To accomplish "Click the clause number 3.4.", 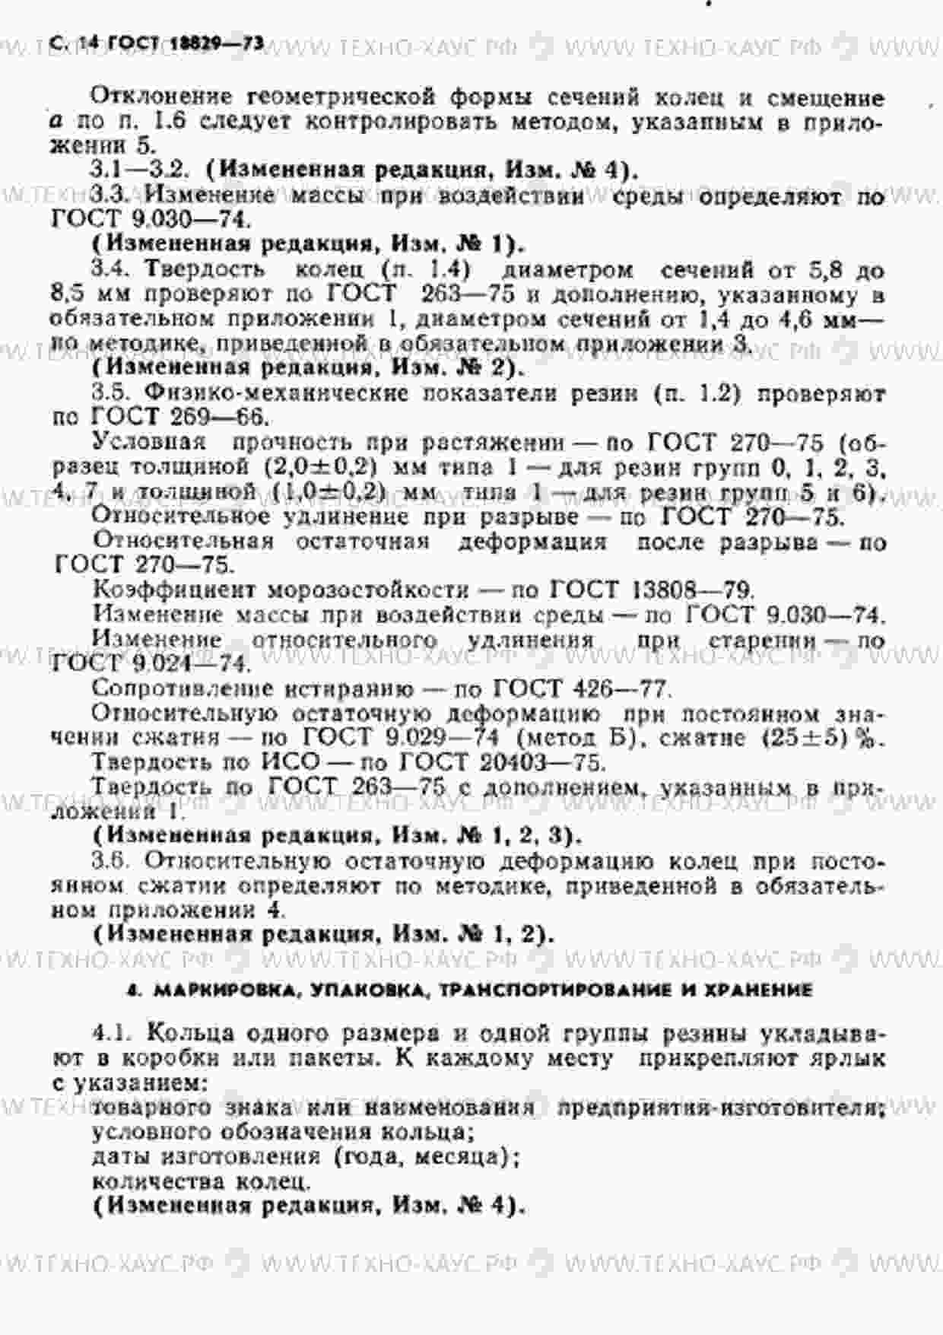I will pos(110,269).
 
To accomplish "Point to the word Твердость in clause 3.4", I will pos(205,269).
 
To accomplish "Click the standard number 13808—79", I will pos(693,590).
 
